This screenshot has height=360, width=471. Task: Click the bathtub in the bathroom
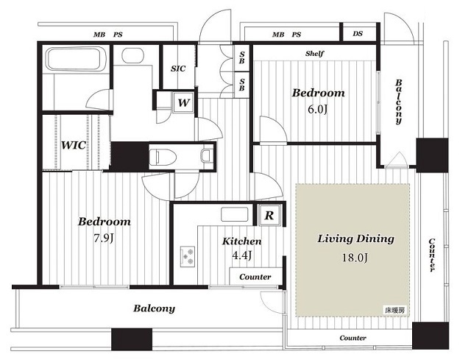click(x=73, y=59)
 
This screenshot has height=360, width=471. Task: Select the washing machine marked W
click(x=183, y=103)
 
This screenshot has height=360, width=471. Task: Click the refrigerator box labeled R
click(x=269, y=215)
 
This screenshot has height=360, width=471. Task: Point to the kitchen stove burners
click(x=188, y=256)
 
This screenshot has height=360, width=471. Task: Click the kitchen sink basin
click(x=235, y=214)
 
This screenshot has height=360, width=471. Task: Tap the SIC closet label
click(x=178, y=68)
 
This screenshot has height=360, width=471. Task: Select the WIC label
click(x=74, y=145)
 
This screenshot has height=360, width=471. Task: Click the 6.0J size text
click(x=317, y=109)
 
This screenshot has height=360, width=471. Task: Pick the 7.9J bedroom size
click(x=104, y=239)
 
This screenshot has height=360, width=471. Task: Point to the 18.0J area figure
click(x=355, y=258)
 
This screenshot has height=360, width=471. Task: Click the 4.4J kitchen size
click(x=242, y=255)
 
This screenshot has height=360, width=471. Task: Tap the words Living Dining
click(x=356, y=239)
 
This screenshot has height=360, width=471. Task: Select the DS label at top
click(x=358, y=34)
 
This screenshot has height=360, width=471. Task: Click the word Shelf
click(x=314, y=54)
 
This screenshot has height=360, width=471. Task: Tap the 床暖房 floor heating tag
click(x=395, y=311)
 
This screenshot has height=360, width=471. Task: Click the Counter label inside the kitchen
click(x=255, y=277)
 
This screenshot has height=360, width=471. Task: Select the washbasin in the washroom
click(x=132, y=56)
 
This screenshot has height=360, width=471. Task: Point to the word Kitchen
click(x=242, y=241)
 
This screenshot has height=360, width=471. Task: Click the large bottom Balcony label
click(x=154, y=308)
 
